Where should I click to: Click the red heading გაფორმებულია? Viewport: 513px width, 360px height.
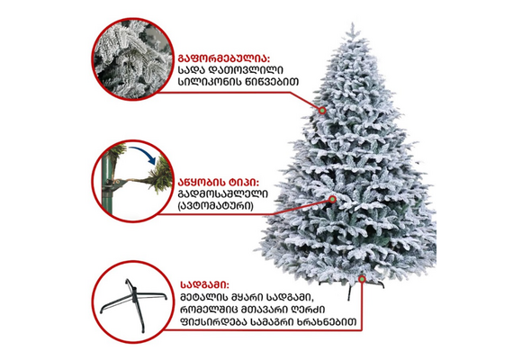[x=224, y=58]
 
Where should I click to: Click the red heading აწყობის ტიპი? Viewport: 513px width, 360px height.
[x=218, y=183]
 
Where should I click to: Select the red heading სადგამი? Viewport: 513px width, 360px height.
[x=205, y=284]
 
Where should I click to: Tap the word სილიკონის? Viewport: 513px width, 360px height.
[x=209, y=82]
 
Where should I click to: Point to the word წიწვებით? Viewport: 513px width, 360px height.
[x=272, y=82]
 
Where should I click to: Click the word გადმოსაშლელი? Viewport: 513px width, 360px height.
[x=223, y=193]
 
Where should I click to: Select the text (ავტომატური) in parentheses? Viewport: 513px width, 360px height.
[x=216, y=206]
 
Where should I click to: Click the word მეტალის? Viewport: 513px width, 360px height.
[x=203, y=297]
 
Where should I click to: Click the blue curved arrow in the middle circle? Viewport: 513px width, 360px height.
[x=142, y=153]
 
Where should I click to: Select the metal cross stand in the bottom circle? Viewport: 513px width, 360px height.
[x=133, y=304]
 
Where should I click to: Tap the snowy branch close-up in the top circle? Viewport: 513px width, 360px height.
[x=133, y=58]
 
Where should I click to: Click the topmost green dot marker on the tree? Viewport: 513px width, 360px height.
[x=322, y=111]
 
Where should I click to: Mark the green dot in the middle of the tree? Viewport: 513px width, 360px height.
[x=332, y=199]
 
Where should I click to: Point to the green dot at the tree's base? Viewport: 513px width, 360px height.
[x=362, y=279]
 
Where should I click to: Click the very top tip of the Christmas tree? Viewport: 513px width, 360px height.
[x=353, y=22]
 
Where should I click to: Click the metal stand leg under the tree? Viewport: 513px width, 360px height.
[x=349, y=292]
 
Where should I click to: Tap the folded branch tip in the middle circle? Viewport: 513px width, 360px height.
[x=161, y=176]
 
